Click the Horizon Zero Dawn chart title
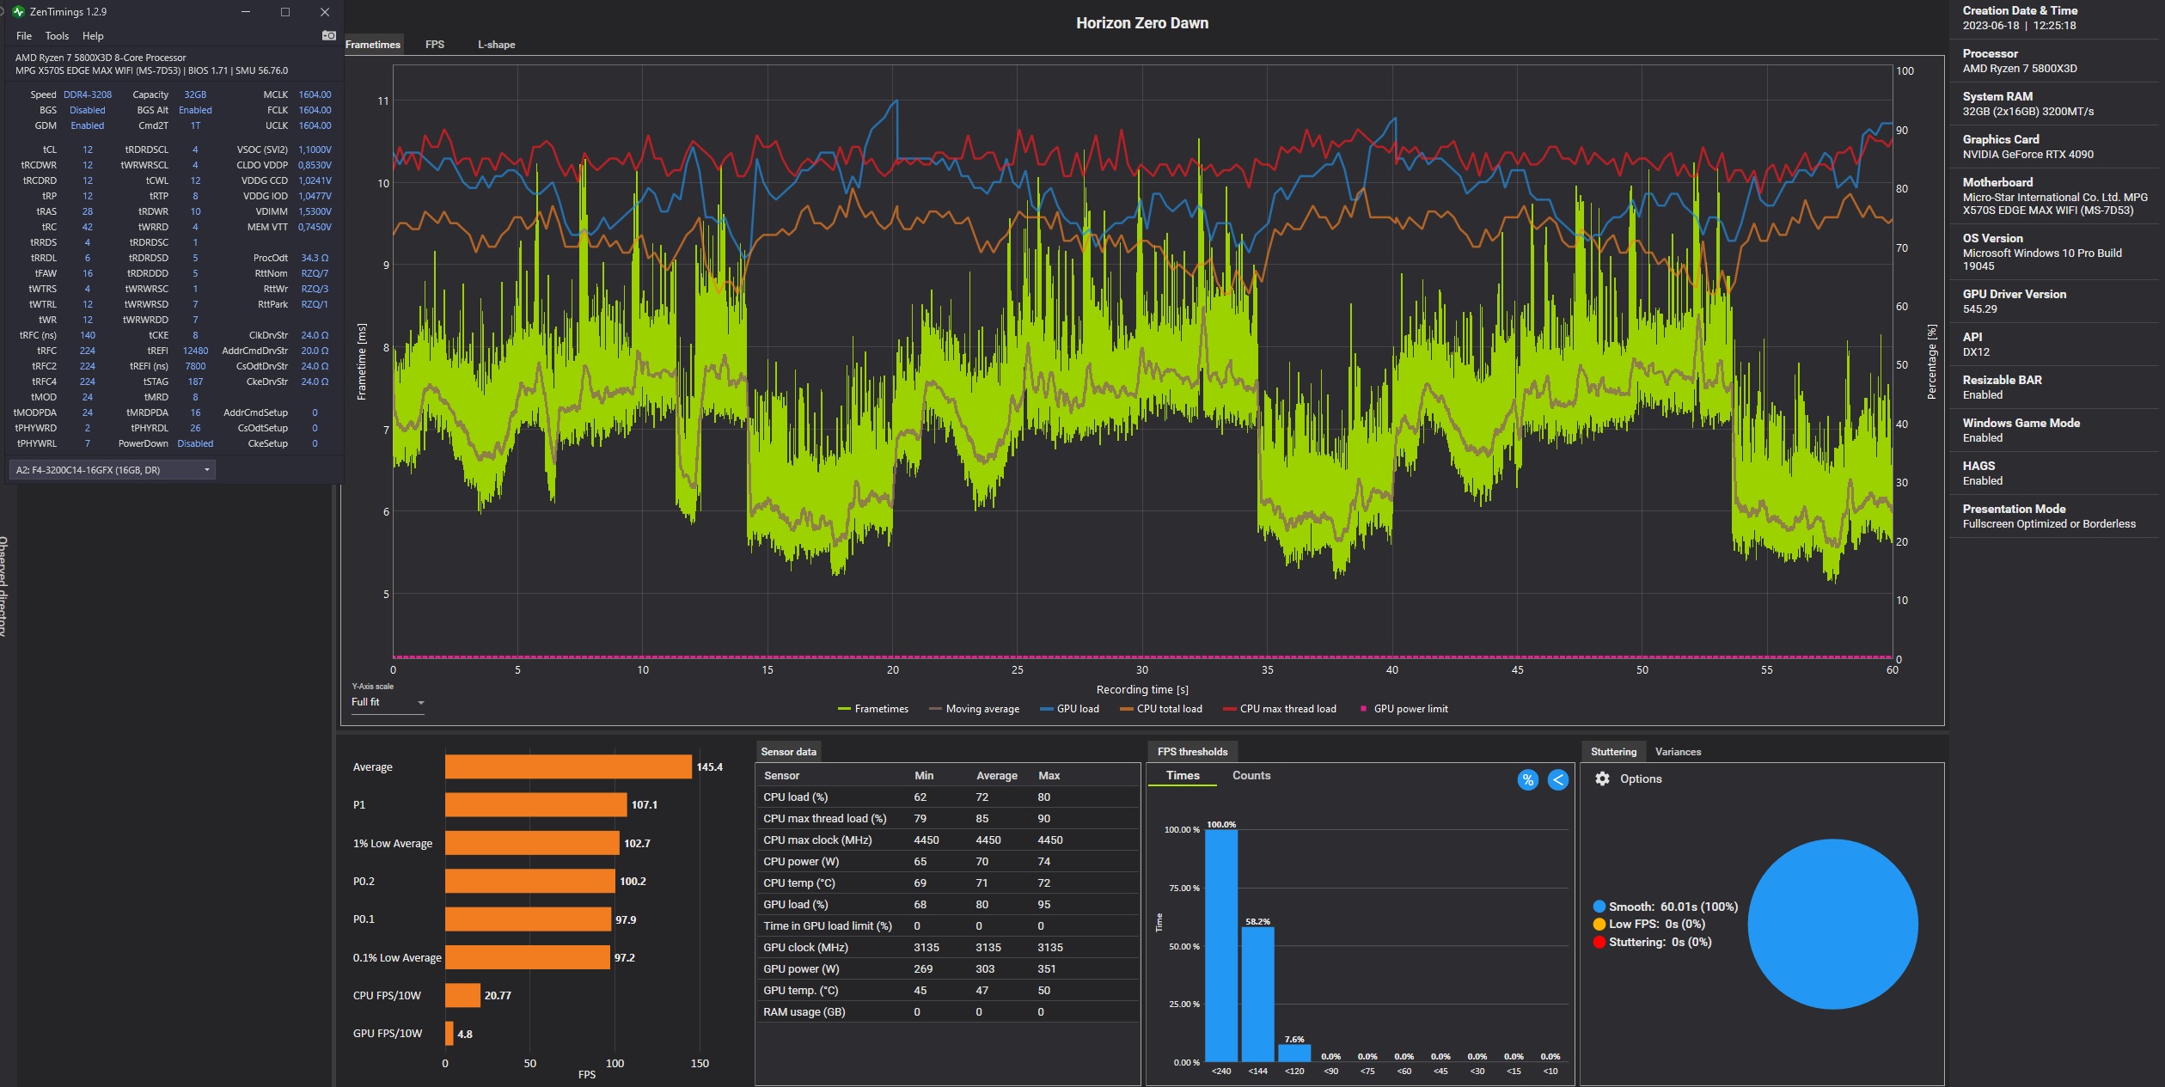point(1142,23)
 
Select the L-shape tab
point(497,45)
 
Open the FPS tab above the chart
point(435,45)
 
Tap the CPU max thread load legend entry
point(1280,709)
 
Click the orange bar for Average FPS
point(568,766)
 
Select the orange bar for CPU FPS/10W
point(462,995)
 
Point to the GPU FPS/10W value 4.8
point(465,1034)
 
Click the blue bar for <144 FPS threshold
point(1257,993)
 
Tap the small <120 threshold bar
point(1294,1053)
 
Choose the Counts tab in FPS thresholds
point(1251,775)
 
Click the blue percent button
point(1527,779)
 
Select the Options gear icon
point(1602,779)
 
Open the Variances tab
point(1678,752)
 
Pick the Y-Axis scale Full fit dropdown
point(388,702)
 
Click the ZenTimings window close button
point(324,12)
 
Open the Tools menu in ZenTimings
point(57,36)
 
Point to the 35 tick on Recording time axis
point(1267,670)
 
